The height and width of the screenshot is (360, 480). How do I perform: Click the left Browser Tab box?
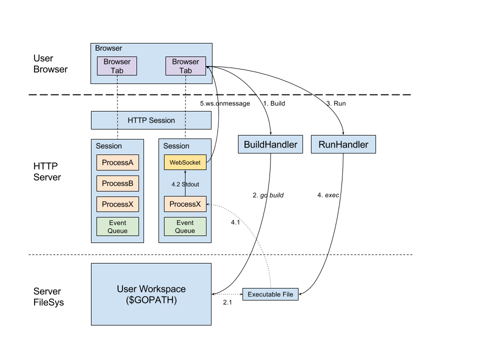click(x=117, y=66)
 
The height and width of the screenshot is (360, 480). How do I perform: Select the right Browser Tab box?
click(x=185, y=66)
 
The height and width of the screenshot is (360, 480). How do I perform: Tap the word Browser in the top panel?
click(x=108, y=48)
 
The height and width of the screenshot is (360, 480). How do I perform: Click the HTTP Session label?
click(x=151, y=120)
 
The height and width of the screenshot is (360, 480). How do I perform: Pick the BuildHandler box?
click(x=270, y=145)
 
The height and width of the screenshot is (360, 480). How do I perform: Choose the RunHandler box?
click(x=343, y=145)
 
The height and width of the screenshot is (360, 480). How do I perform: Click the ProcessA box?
click(x=117, y=162)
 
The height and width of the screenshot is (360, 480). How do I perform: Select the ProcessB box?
click(x=117, y=183)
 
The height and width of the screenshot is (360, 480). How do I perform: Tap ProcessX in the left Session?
click(x=117, y=204)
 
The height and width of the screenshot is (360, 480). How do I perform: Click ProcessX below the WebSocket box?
click(x=185, y=204)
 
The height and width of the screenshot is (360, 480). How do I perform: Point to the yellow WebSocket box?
click(x=185, y=162)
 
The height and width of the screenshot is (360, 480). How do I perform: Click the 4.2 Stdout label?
click(x=185, y=184)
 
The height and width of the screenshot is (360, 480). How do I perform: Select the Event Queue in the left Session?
click(x=117, y=226)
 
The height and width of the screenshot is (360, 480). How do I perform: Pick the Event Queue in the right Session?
click(x=185, y=226)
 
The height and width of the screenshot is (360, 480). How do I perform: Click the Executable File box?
click(x=270, y=294)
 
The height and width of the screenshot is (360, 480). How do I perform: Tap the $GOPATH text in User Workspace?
click(x=151, y=300)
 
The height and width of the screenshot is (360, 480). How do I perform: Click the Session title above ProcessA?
click(x=109, y=146)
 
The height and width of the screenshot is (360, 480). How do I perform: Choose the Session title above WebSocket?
click(x=176, y=146)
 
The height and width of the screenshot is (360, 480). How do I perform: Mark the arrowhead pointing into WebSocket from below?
click(x=185, y=172)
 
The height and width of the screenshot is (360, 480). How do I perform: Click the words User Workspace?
click(x=151, y=289)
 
